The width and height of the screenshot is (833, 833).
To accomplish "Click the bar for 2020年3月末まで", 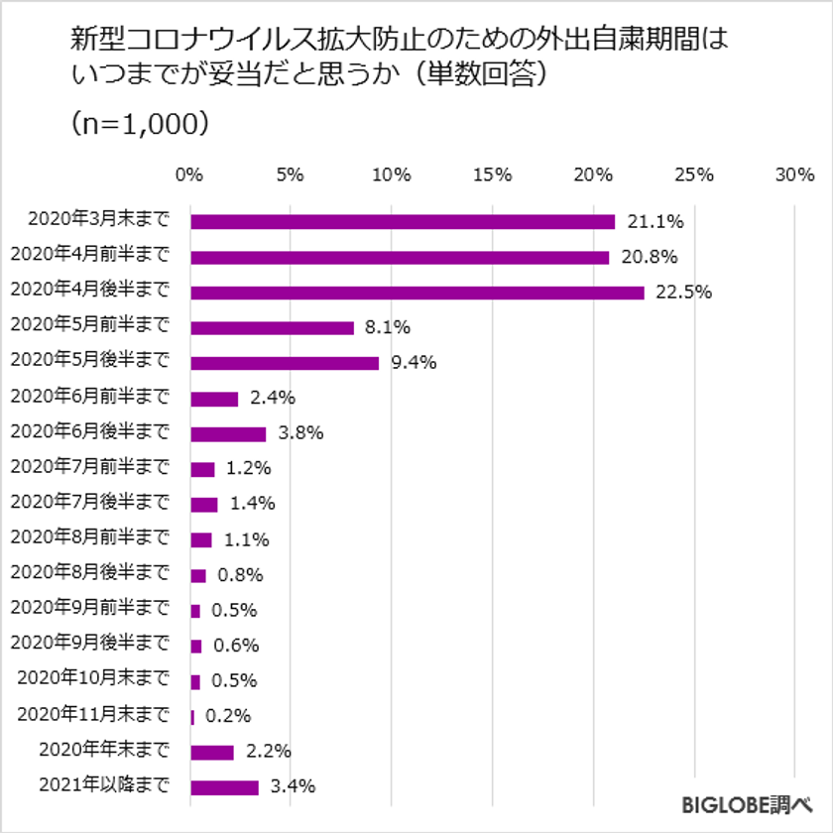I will click(402, 221).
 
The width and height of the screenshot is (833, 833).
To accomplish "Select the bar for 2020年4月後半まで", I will click(416, 293).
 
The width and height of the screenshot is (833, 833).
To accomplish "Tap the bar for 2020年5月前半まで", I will click(272, 327).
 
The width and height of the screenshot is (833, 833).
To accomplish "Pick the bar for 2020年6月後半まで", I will click(228, 433).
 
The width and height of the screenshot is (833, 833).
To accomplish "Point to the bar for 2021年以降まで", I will click(224, 787).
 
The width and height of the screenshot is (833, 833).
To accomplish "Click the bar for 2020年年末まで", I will click(212, 752).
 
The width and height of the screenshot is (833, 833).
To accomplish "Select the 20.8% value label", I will click(651, 258).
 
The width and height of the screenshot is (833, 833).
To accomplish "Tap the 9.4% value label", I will click(414, 363).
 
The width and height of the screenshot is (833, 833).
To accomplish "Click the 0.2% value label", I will click(227, 716).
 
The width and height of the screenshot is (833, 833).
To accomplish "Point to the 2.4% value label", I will click(272, 399).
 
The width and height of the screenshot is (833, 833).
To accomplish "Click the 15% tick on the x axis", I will click(492, 176).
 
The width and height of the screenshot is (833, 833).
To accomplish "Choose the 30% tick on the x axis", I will click(794, 176).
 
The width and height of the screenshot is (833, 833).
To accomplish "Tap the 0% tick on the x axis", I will click(188, 176).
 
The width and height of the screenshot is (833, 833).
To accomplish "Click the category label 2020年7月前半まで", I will click(89, 467).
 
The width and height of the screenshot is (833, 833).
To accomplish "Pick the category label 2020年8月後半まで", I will click(89, 573).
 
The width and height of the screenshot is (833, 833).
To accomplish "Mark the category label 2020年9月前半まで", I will click(89, 608).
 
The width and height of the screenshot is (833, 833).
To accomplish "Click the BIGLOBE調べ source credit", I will click(748, 802).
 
